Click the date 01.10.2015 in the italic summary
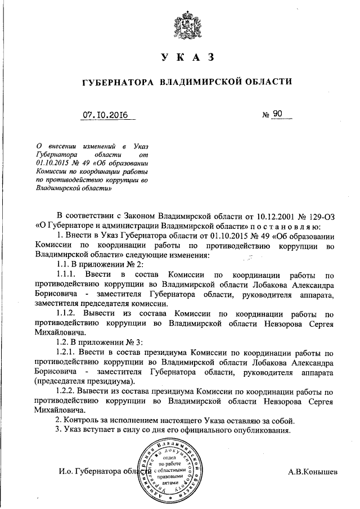51,163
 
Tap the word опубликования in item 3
260,430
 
